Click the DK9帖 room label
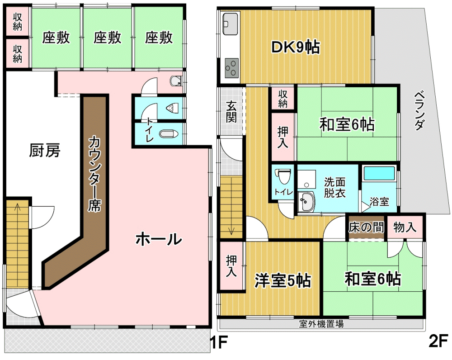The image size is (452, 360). (296, 47)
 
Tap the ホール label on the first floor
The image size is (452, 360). (159, 239)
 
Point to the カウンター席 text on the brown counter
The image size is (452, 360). (94, 174)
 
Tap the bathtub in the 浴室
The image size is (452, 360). (379, 174)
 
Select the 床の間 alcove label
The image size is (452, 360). (366, 227)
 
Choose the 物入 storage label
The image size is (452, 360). (405, 227)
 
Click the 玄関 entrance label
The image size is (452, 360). (231, 111)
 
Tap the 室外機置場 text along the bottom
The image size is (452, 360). (321, 324)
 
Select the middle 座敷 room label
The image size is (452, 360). (107, 38)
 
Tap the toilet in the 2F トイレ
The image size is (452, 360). (284, 175)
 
